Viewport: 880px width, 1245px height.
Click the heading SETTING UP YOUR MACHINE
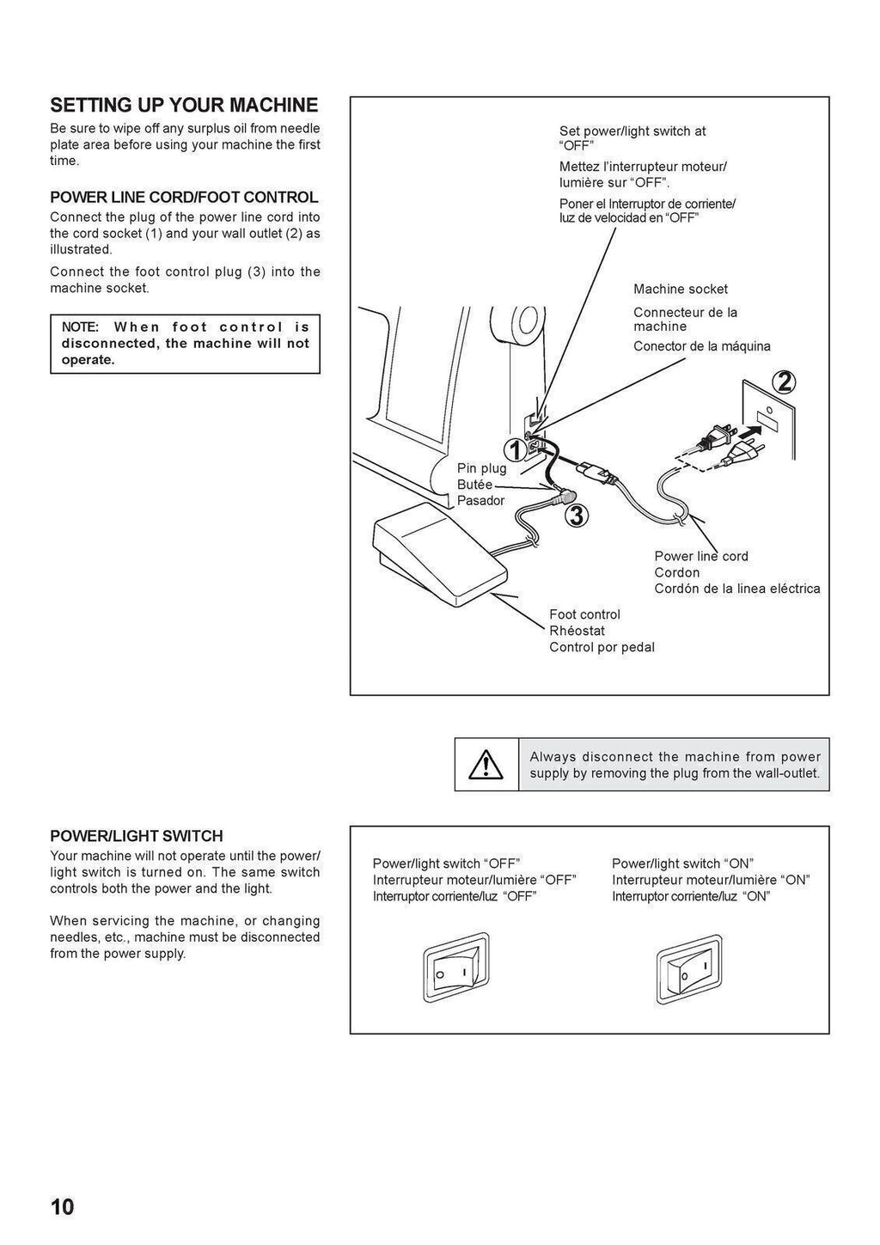[x=184, y=106]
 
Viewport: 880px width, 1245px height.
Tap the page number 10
[x=63, y=1207]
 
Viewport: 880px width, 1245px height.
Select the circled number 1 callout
[x=515, y=449]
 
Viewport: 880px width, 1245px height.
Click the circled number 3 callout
[x=577, y=516]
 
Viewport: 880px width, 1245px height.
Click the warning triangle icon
[x=486, y=764]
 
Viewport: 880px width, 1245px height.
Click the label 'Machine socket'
[x=680, y=290]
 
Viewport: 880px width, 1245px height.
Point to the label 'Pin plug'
[x=481, y=468]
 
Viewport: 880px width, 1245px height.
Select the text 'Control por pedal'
[x=602, y=647]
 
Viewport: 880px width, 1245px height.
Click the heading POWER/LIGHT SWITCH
[x=137, y=836]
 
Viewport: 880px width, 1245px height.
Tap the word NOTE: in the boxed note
[x=81, y=327]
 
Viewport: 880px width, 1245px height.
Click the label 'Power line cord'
[x=700, y=556]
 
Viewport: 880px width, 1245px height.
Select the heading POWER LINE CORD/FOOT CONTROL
[x=184, y=198]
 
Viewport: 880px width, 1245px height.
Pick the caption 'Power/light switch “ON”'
[x=682, y=864]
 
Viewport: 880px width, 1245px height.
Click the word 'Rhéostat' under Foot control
[x=577, y=631]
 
